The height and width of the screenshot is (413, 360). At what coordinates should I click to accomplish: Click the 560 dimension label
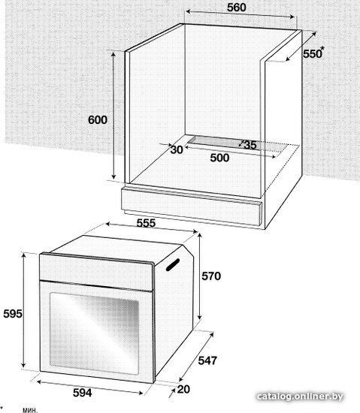click(x=237, y=8)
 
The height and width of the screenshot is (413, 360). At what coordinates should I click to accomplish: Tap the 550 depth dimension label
click(x=312, y=54)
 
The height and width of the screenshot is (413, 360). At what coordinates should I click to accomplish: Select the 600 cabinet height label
click(x=98, y=120)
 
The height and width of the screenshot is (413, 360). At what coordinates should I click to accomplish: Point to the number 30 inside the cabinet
click(x=177, y=149)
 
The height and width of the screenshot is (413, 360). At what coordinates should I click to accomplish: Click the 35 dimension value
click(x=250, y=145)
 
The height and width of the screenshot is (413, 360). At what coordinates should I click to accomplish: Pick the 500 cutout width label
click(x=219, y=158)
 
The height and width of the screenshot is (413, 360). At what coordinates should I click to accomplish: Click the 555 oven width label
click(x=146, y=223)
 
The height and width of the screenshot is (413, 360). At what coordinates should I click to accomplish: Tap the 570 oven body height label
click(x=211, y=276)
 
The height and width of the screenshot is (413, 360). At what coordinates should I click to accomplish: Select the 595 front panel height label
click(x=13, y=314)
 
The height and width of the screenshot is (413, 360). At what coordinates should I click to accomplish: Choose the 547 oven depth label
click(x=207, y=360)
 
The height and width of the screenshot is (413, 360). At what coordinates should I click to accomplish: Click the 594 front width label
click(x=82, y=393)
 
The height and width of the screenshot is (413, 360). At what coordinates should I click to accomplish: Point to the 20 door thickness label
click(x=183, y=389)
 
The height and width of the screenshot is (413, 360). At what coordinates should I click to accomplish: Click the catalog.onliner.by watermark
click(x=300, y=396)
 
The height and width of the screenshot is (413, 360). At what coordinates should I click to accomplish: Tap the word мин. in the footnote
click(x=30, y=410)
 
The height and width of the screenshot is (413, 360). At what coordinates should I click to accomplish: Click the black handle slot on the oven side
click(x=173, y=264)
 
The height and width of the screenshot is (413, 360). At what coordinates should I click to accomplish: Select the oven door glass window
click(x=95, y=333)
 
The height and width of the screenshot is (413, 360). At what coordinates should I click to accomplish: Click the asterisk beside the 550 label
click(x=322, y=48)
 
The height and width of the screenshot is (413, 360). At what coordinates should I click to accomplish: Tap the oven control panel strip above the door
click(x=96, y=272)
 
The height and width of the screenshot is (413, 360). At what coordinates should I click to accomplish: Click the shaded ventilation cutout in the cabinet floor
click(x=238, y=144)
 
